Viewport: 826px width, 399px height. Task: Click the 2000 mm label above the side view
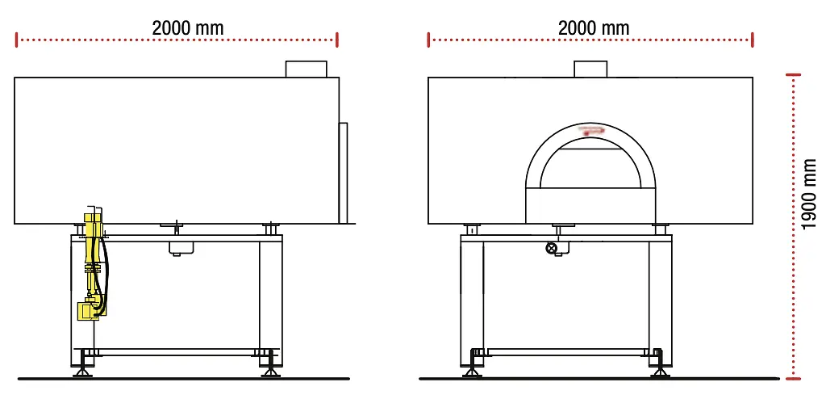pyautogui.click(x=188, y=27)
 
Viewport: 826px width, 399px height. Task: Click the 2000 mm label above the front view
pyautogui.click(x=593, y=27)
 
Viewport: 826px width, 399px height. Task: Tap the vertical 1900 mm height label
pyautogui.click(x=810, y=194)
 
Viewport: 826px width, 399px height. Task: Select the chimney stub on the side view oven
pyautogui.click(x=306, y=69)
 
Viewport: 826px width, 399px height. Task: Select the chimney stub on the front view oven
pyautogui.click(x=590, y=69)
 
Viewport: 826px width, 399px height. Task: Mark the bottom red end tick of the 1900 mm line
pyautogui.click(x=796, y=376)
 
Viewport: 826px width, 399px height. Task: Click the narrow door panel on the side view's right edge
pyautogui.click(x=343, y=172)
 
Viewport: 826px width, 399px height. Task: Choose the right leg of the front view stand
pyautogui.click(x=659, y=299)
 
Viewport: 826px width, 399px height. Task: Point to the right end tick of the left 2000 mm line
pyautogui.click(x=337, y=39)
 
